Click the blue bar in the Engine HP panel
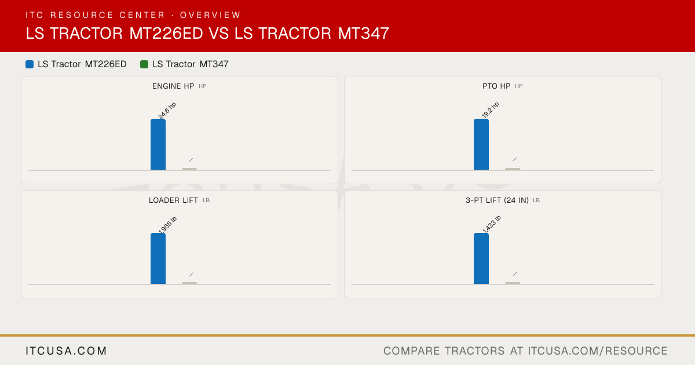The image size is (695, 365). tap(158, 144)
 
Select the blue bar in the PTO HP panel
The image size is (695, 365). tap(481, 144)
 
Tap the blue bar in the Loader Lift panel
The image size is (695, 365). tap(158, 258)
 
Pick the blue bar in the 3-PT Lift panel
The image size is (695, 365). tap(481, 258)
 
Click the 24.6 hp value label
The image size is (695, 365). tap(167, 111)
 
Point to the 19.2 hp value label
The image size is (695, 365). tap(491, 110)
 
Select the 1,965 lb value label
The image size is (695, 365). tap(167, 225)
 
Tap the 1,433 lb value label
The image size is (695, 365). tap(492, 224)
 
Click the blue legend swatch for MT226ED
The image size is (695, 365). tap(30, 64)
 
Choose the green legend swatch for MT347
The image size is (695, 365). tap(144, 64)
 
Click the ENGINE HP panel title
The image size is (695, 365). tap(173, 86)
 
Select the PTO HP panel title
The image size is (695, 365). tap(496, 86)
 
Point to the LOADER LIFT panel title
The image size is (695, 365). tap(173, 200)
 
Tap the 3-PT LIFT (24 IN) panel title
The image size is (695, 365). tap(497, 200)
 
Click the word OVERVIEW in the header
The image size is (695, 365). tap(210, 15)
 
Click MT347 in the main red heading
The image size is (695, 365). tap(363, 33)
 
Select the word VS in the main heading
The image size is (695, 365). tap(218, 33)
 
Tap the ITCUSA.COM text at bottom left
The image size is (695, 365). tap(66, 351)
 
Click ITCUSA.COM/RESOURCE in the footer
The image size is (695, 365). tap(598, 351)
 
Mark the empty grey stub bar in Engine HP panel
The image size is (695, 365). tap(189, 169)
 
